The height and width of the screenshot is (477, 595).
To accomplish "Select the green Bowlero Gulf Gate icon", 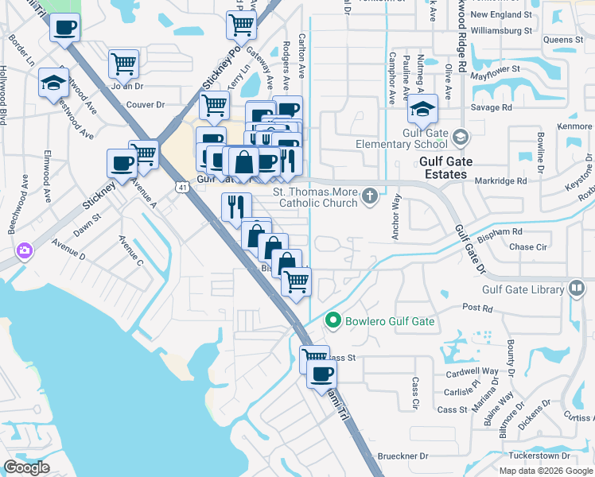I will [x=332, y=321].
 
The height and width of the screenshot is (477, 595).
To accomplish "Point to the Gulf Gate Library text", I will [x=523, y=290].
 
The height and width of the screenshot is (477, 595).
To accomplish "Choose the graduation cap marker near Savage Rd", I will [x=423, y=108].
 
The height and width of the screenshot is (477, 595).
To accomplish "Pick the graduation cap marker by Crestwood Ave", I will [x=53, y=82].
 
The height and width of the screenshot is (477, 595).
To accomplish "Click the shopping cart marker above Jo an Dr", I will [x=123, y=63].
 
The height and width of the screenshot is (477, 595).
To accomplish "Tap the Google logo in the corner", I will [x=26, y=467].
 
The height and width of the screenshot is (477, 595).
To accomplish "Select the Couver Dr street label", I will [x=144, y=104].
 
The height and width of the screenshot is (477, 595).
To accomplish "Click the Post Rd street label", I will [x=478, y=307].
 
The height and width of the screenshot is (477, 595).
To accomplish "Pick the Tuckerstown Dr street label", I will [x=535, y=456].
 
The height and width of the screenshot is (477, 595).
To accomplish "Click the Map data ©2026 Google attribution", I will [x=546, y=470].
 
